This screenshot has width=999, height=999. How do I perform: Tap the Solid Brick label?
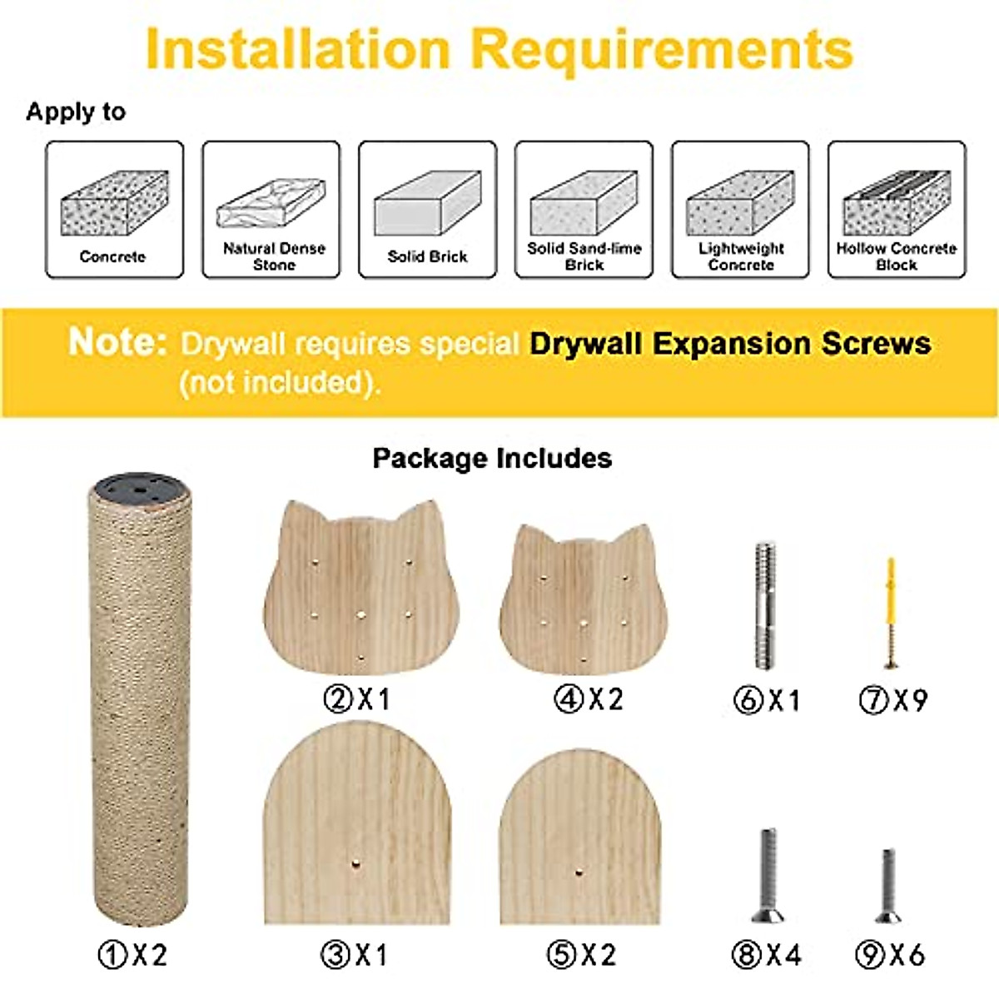click(427, 256)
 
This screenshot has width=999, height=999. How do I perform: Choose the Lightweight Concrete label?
click(741, 256)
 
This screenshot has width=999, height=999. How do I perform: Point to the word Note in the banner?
click(117, 342)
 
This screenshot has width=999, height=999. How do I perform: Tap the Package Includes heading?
click(492, 458)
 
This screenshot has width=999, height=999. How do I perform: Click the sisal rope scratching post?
click(140, 708)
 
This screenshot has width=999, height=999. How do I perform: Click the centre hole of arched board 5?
click(579, 872)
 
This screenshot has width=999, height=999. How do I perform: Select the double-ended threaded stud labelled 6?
click(766, 604)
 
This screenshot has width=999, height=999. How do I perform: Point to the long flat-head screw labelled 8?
click(768, 874)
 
